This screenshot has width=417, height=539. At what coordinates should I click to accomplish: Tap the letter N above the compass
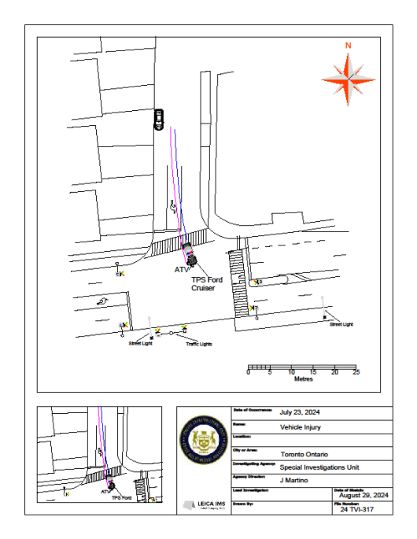point(348,46)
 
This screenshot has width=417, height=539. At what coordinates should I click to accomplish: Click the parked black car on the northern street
point(159,119)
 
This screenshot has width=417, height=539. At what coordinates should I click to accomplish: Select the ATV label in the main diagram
point(182,269)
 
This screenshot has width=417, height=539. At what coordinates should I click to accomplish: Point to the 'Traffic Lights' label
point(198,344)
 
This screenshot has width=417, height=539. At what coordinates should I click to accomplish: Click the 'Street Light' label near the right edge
point(341,324)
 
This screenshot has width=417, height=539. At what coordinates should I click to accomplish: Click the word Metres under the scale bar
point(303,378)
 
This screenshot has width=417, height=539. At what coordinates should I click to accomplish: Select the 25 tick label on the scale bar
point(356,372)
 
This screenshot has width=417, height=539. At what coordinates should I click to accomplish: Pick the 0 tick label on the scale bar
point(249,372)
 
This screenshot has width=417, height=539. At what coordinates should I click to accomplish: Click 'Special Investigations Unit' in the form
point(317,467)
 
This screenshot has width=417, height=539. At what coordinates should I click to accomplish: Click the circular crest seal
point(203,445)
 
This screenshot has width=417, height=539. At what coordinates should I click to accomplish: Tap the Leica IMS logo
point(199,504)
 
